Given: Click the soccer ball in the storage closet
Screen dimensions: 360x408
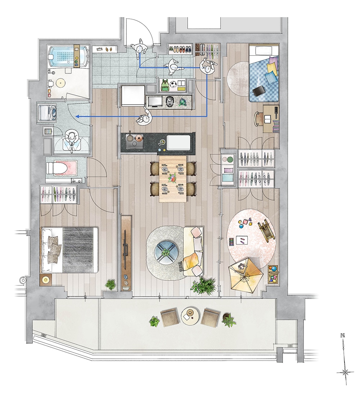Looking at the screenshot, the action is tap(173, 84).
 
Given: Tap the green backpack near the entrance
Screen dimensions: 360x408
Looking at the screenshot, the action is tap(165, 85).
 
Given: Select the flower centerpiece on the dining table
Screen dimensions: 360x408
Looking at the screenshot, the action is tap(173, 178).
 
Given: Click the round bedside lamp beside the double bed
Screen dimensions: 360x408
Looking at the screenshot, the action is tap(46, 280).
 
